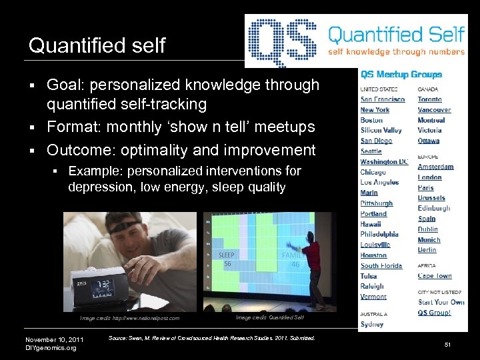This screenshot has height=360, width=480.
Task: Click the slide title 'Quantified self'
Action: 97,46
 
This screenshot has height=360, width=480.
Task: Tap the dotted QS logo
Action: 283,39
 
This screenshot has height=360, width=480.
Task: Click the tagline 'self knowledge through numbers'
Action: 396,51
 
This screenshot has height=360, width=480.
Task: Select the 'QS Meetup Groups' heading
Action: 401,74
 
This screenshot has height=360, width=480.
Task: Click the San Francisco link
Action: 383,99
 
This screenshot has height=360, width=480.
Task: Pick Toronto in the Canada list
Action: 429,99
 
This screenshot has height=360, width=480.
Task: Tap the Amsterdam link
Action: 435,167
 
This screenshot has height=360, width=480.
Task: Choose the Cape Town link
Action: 435,276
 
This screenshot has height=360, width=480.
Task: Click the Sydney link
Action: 372,324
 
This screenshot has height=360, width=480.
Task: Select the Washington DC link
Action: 384,162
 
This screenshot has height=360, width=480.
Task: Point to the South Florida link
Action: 381,266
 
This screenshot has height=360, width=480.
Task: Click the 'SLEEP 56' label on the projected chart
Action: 227,259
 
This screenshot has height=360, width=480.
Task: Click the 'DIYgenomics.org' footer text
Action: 51,347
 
